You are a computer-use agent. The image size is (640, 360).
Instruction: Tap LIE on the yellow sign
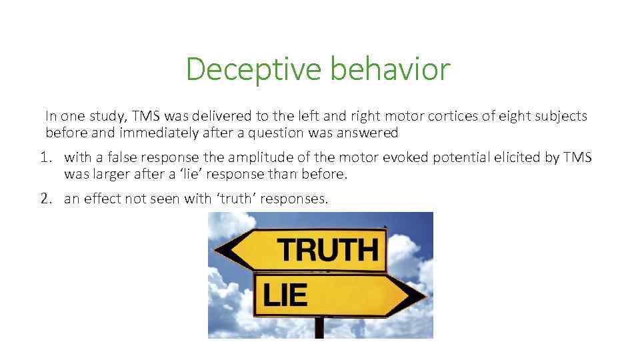click(x=285, y=295)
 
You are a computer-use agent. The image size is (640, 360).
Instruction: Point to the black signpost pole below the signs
click(x=319, y=327)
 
